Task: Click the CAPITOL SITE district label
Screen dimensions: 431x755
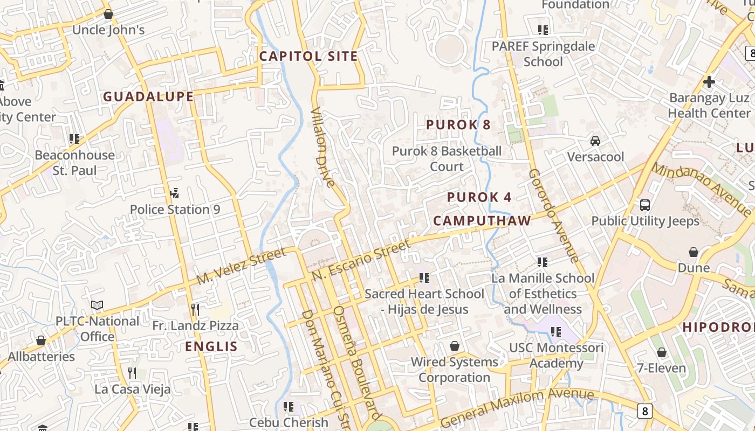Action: click(x=308, y=56)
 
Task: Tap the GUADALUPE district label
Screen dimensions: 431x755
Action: click(x=148, y=96)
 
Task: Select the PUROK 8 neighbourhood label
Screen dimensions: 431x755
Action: click(x=458, y=124)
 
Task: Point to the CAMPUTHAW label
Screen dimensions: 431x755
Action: click(x=482, y=220)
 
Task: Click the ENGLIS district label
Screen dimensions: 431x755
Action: click(x=211, y=346)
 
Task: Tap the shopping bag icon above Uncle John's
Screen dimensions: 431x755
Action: click(x=108, y=14)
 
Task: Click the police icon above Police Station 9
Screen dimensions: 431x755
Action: click(x=174, y=193)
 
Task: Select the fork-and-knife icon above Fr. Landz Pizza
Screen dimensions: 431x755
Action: click(x=195, y=309)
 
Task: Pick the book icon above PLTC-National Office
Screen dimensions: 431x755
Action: click(x=97, y=305)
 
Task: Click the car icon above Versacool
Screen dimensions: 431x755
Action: click(x=595, y=141)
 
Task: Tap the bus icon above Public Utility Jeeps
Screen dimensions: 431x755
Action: click(x=645, y=205)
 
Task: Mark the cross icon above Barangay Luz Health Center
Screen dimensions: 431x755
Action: click(x=709, y=82)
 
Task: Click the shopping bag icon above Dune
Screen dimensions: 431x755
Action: click(x=694, y=252)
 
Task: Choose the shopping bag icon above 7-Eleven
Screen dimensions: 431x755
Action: click(x=661, y=352)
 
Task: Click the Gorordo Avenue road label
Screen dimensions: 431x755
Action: click(x=553, y=215)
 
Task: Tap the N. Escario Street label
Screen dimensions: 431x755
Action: click(x=361, y=261)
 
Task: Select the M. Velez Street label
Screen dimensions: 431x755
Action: click(x=241, y=267)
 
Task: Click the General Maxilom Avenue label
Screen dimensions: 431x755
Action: click(x=518, y=407)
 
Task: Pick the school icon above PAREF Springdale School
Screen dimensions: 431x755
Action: click(x=543, y=30)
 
